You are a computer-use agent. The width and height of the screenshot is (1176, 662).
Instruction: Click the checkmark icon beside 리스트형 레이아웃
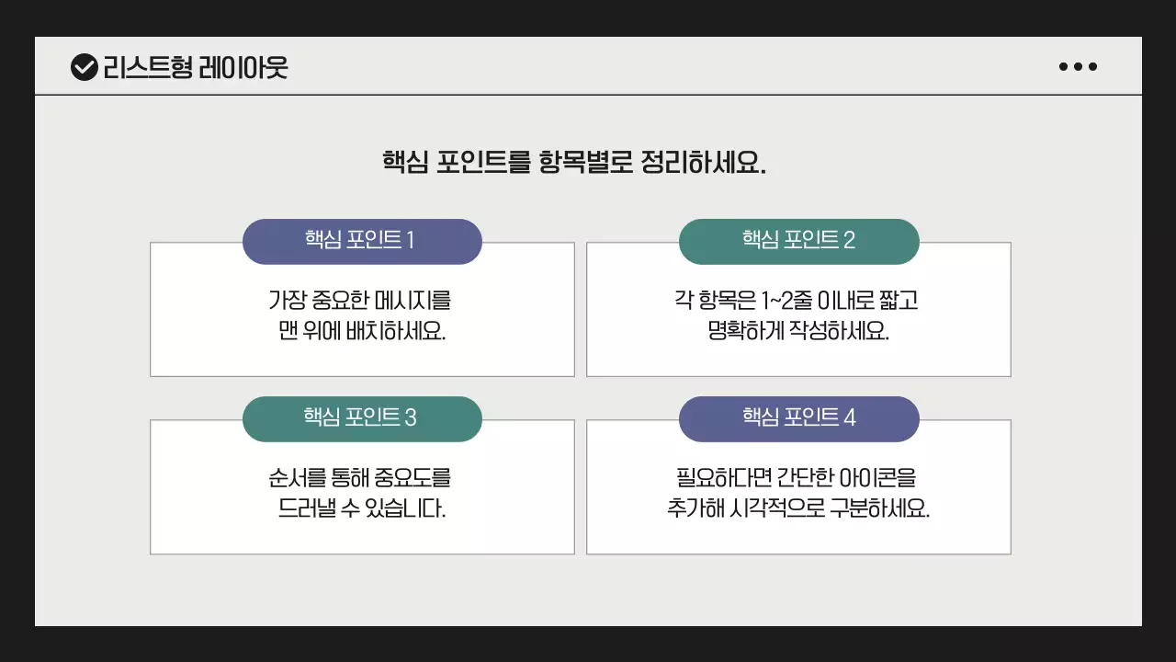click(x=84, y=67)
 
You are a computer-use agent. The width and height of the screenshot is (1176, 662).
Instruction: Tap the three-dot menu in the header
click(x=1078, y=66)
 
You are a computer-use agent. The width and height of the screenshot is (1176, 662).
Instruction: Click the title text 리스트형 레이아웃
click(x=196, y=67)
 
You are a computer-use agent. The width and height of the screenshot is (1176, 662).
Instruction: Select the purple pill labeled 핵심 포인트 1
click(x=362, y=241)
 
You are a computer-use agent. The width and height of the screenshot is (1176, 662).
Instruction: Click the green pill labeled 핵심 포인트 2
click(x=798, y=241)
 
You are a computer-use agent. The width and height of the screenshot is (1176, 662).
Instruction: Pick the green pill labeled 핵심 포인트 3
click(x=362, y=418)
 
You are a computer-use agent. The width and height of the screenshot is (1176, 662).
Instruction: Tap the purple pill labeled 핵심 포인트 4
click(x=798, y=418)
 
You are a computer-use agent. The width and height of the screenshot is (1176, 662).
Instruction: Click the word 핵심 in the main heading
click(x=405, y=163)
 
